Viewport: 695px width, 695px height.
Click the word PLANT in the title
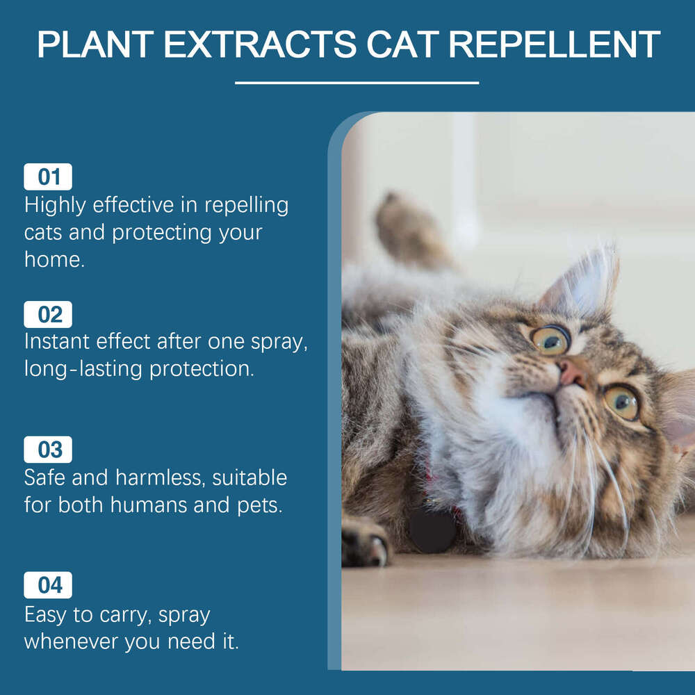95,44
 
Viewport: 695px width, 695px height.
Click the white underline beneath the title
357,83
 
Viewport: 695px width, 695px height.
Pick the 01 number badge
48,177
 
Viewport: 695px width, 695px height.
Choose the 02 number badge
48,315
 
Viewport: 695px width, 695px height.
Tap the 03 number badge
48,450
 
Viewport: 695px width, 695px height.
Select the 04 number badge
48,585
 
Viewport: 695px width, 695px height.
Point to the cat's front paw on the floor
366,542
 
